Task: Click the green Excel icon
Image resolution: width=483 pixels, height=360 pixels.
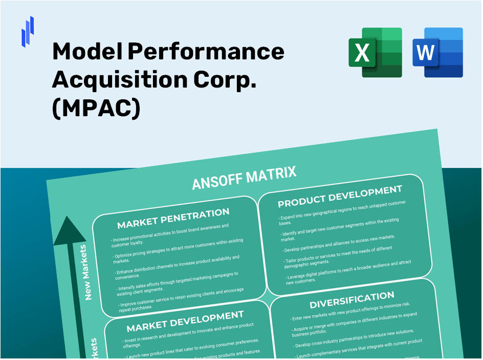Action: pos(375,53)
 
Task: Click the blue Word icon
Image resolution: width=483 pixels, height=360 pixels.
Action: pos(437,53)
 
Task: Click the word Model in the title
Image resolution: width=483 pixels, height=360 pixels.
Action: pos(85,52)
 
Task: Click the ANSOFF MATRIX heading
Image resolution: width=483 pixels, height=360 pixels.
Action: pos(244,178)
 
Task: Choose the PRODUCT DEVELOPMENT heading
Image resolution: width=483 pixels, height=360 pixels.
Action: pos(340,197)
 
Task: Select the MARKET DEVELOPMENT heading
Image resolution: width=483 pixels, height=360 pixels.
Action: pos(185,321)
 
